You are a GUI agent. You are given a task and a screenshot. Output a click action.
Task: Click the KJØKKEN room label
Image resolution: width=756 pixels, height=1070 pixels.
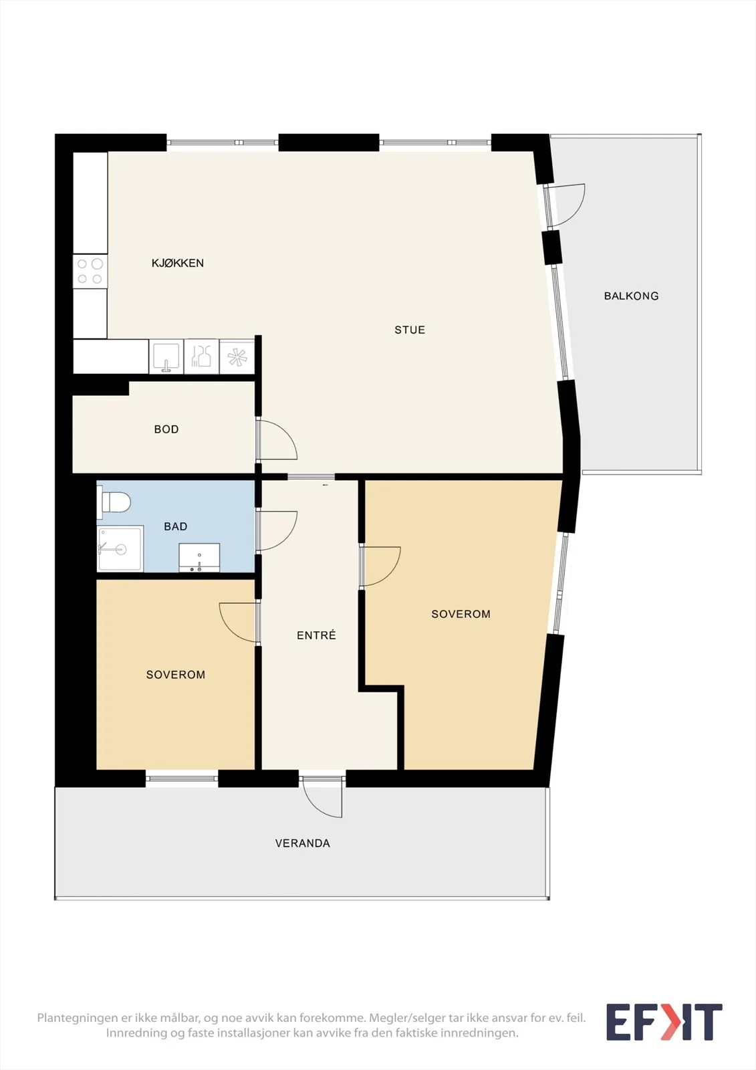[178, 263]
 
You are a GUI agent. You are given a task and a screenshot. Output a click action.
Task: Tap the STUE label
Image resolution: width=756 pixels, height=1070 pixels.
[410, 330]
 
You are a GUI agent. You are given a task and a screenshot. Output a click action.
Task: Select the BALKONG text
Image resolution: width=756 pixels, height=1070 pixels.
[632, 296]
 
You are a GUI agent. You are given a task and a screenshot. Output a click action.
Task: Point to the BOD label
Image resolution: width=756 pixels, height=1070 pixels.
[166, 429]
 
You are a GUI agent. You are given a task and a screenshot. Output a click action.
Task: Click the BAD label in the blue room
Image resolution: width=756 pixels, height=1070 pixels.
[175, 526]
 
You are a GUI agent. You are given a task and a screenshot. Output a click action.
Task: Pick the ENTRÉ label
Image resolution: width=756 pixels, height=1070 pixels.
[316, 635]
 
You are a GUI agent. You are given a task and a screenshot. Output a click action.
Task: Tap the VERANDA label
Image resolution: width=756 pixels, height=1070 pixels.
[302, 843]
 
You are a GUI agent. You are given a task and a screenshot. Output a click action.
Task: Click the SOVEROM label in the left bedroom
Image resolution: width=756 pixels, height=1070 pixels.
[175, 675]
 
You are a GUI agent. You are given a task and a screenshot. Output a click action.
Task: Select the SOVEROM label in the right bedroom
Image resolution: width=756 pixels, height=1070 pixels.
[461, 614]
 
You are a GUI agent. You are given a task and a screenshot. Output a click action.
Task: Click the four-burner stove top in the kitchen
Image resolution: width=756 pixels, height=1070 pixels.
[90, 272]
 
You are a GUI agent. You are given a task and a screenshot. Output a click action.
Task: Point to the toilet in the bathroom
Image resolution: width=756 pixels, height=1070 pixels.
[114, 502]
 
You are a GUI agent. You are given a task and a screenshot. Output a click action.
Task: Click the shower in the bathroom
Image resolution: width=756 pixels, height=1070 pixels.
[120, 548]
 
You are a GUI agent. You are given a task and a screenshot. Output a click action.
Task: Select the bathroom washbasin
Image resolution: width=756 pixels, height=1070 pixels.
[199, 558]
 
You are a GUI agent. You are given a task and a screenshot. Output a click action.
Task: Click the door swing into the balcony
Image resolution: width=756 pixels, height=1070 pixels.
[565, 205]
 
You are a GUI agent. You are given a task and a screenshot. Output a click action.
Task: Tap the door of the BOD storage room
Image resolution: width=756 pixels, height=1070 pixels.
[277, 439]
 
